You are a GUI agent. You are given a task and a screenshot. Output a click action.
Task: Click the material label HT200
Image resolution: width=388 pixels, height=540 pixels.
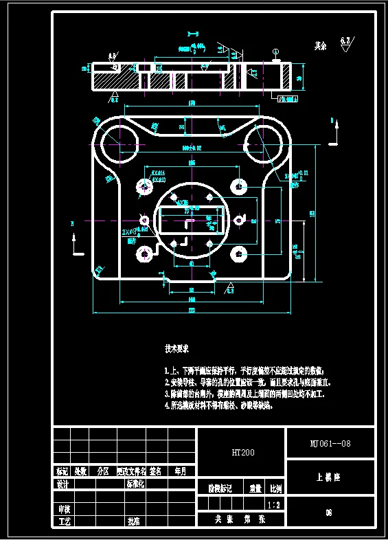pos(242,453)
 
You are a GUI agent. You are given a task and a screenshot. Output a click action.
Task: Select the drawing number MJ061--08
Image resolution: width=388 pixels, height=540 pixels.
pos(330,443)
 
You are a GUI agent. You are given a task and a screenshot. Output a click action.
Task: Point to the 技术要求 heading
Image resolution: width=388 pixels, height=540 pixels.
pos(176,348)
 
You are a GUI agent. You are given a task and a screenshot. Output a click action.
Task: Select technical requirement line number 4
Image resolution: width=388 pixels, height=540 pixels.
pos(218,406)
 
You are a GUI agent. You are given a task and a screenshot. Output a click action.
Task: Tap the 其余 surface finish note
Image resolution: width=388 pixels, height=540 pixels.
pos(320,47)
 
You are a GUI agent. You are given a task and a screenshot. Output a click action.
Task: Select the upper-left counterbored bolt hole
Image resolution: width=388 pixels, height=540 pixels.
pos(144,186)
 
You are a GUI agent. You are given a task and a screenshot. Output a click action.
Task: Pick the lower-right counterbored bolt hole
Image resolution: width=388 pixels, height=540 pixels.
pos(238,254)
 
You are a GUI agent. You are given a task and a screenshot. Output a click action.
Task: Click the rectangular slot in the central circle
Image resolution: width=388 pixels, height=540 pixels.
pos(192,222)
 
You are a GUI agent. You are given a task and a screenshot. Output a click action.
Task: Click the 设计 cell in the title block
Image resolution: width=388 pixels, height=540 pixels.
pos(62,484)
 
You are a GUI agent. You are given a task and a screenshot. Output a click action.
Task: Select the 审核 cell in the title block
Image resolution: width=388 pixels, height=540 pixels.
pos(62,509)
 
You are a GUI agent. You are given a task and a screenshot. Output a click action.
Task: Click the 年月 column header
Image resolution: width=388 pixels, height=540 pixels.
pos(181,472)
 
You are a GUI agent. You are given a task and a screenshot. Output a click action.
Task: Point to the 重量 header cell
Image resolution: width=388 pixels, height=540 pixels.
pos(255,488)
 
